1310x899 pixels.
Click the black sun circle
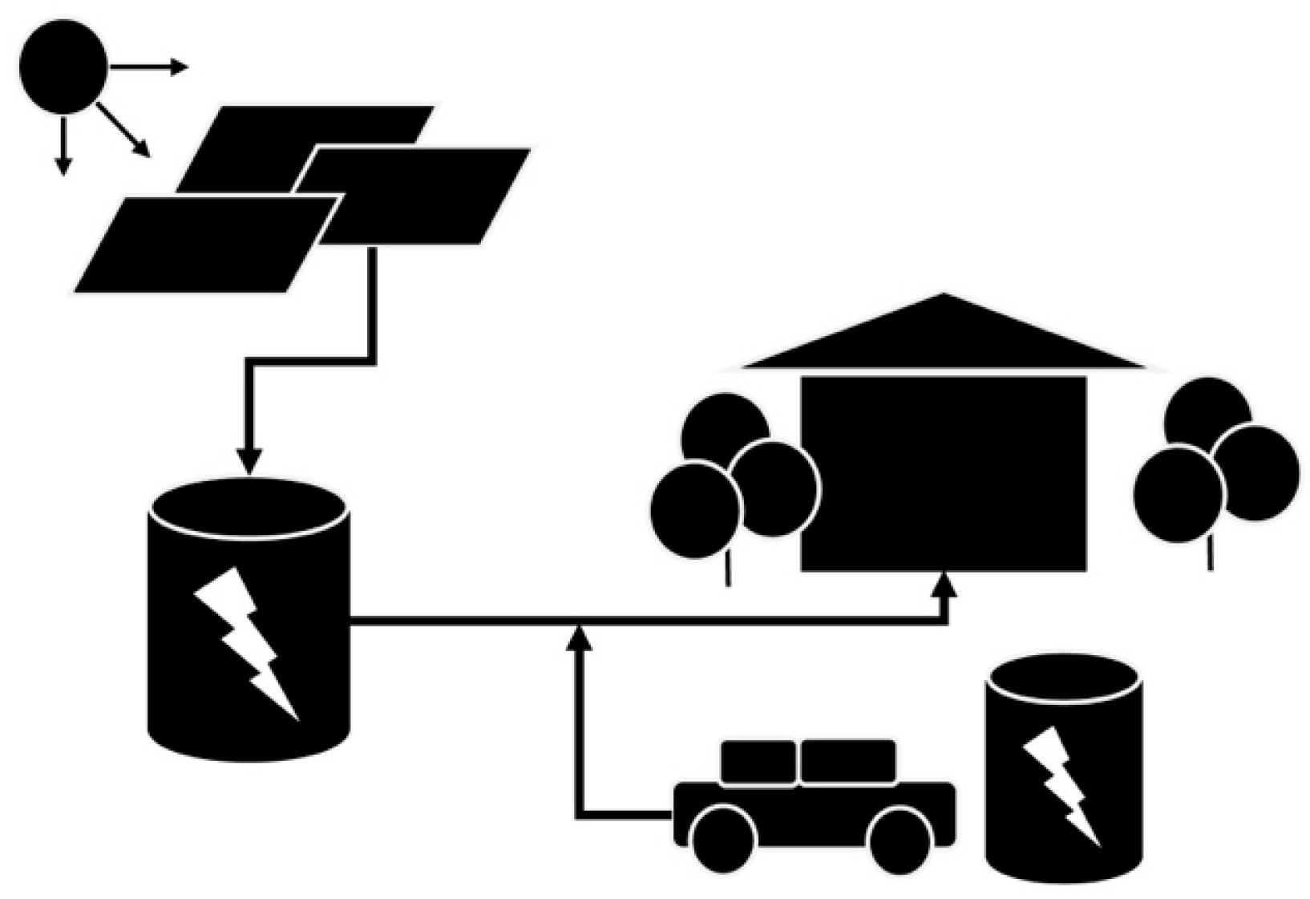[63, 67]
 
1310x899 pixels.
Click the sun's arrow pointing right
[148, 67]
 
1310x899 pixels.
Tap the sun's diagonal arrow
[124, 131]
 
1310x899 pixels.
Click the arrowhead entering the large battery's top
[249, 461]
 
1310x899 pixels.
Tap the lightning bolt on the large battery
[245, 642]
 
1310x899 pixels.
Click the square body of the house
[944, 473]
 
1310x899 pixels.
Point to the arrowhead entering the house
[946, 584]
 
